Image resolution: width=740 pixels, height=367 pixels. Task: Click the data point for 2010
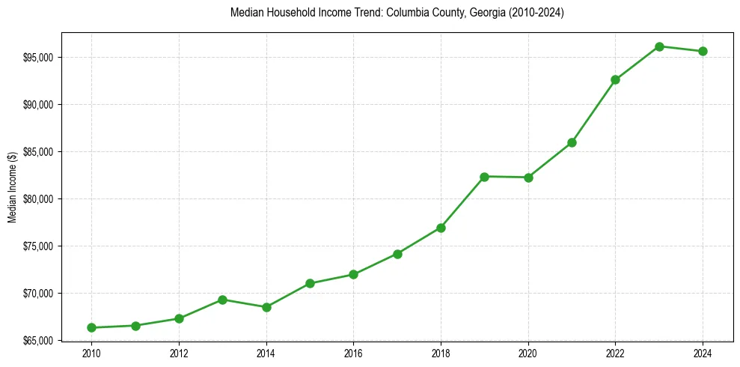(x=91, y=327)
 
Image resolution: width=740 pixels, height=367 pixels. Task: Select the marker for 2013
(x=222, y=300)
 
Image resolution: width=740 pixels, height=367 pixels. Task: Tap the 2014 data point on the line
(x=266, y=307)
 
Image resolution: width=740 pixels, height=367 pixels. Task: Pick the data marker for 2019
(x=484, y=177)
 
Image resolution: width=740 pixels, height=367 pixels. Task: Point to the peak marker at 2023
(x=659, y=46)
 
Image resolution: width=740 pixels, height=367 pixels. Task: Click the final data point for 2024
(x=703, y=51)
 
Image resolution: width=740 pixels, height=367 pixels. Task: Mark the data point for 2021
(x=572, y=142)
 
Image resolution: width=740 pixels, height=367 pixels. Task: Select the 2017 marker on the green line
(x=397, y=254)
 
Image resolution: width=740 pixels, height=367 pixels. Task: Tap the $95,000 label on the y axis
(x=40, y=58)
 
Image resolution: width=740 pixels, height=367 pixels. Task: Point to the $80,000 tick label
(x=40, y=199)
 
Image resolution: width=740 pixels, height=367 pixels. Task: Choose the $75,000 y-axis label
(x=40, y=246)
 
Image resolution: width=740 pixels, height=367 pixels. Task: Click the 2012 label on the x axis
(x=179, y=353)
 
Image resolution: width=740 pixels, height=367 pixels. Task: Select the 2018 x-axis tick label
(x=441, y=353)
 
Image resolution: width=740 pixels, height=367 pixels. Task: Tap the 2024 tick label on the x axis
(x=703, y=353)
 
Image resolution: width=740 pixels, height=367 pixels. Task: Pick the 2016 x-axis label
(x=353, y=353)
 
